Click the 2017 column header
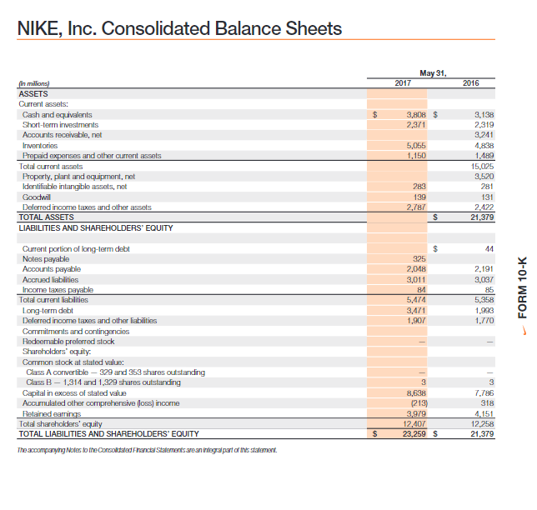point(404,83)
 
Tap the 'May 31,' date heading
point(437,72)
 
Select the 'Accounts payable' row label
point(52,269)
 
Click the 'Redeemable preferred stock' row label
point(68,341)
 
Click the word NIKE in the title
point(44,29)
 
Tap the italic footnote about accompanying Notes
point(145,450)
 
